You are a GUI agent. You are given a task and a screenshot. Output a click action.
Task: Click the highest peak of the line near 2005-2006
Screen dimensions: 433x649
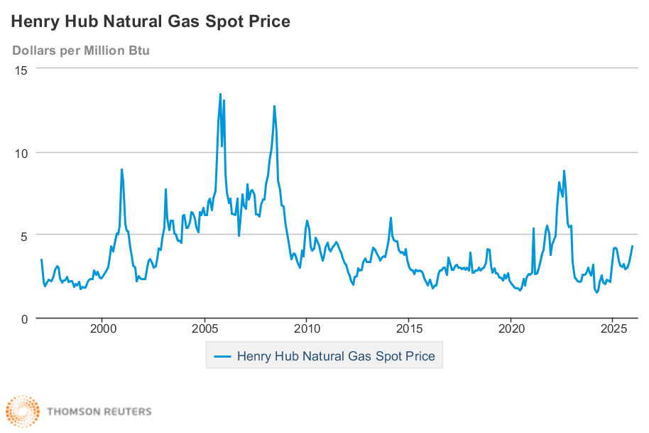click(x=220, y=94)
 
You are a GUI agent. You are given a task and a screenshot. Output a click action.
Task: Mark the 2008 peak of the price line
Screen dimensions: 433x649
click(x=274, y=106)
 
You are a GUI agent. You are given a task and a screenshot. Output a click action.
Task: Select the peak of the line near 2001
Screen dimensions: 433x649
click(x=121, y=169)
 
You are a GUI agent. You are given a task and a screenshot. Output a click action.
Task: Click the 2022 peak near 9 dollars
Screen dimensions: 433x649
click(x=564, y=171)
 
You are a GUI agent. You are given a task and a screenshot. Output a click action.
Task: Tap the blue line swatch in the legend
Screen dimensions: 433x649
click(x=222, y=356)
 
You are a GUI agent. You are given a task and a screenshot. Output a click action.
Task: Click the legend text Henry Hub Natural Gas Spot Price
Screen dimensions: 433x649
click(x=335, y=356)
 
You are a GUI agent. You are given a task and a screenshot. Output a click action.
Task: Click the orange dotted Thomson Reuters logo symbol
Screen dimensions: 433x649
click(x=23, y=412)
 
